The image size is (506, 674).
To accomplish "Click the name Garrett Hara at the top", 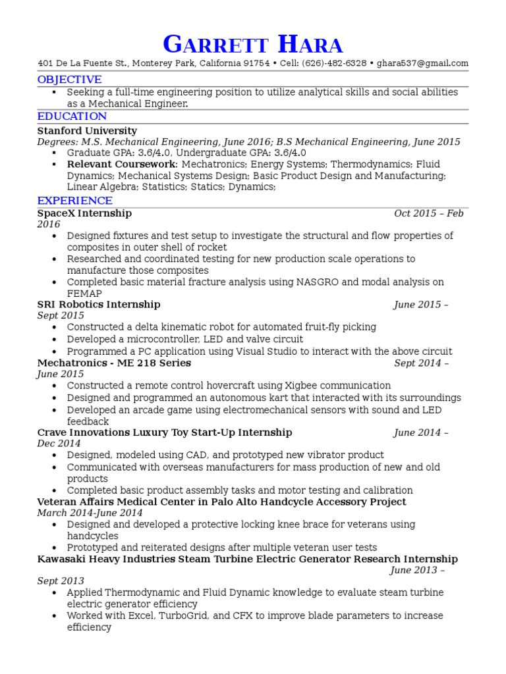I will [x=253, y=45].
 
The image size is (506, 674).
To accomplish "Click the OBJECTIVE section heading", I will [x=69, y=80].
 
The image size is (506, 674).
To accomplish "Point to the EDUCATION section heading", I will [x=72, y=117].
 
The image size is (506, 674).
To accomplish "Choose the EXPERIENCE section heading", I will [x=74, y=201].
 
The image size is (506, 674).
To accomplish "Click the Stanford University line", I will [x=87, y=131].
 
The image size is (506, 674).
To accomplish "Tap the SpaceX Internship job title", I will [x=84, y=213].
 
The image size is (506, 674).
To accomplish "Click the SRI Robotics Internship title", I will [x=99, y=305].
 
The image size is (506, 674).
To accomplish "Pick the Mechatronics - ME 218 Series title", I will [x=114, y=363].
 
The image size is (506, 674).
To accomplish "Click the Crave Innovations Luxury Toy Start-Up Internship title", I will [x=165, y=432].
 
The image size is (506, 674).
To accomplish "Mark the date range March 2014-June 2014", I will [x=90, y=513].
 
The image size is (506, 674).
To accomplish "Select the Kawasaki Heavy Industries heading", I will [x=247, y=559].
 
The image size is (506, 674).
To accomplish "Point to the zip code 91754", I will [x=256, y=64].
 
